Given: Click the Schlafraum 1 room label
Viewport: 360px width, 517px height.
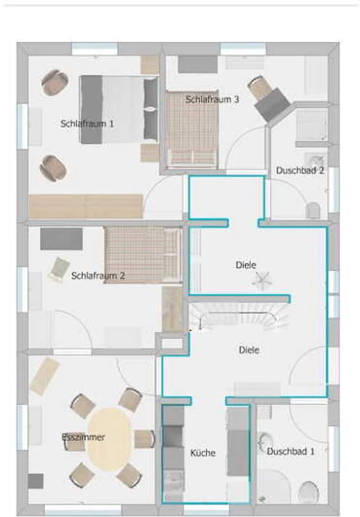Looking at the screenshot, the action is point(87,123).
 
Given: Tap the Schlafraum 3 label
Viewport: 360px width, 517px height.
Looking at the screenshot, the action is point(212,99).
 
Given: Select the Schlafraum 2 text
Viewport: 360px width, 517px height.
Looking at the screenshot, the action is point(98,275).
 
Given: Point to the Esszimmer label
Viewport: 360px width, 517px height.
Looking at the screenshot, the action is point(83,438).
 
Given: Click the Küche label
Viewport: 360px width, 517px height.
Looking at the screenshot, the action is point(203,453).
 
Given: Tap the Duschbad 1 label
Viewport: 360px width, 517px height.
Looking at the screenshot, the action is point(290,451).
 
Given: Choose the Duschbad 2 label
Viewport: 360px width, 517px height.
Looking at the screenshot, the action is point(300,171).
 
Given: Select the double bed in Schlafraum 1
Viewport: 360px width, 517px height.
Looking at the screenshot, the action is point(119,109).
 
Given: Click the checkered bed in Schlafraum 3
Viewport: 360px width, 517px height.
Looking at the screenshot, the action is point(191,129).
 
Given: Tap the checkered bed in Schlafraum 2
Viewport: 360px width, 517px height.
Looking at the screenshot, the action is point(143,255).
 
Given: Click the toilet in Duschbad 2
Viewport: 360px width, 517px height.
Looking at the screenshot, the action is point(313,211).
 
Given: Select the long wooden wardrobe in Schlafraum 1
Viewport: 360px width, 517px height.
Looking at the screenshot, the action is point(86,206).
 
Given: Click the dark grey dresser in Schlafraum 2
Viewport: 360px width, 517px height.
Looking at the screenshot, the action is point(61,238).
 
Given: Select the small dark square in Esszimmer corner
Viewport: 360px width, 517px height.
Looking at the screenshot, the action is point(36,481).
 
